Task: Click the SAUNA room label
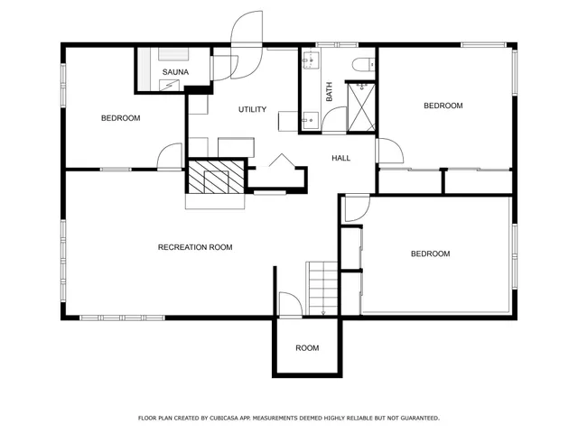point(175,71)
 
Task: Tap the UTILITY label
point(252,110)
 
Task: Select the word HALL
point(340,158)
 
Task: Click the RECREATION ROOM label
point(195,247)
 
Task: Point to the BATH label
point(330,91)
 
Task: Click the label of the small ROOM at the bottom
point(307,348)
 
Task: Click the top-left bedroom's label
point(120,118)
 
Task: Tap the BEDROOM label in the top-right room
point(443,106)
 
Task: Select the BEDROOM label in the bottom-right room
point(430,254)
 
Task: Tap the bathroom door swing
point(335,120)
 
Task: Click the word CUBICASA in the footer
point(231,419)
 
